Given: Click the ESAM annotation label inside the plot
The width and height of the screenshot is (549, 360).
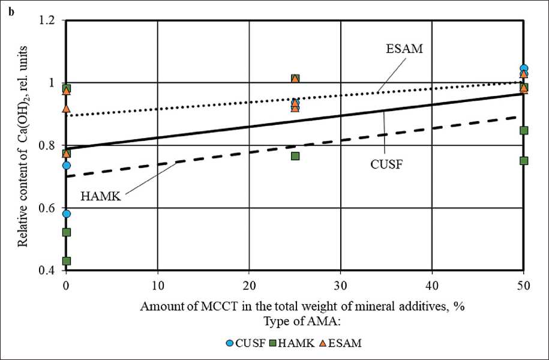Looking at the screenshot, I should (405, 49).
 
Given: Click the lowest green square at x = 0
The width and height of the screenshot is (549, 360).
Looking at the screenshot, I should (67, 261).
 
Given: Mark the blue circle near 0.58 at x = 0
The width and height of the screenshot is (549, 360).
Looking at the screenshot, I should (67, 214).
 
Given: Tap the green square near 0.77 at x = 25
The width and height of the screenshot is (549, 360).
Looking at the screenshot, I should (295, 156).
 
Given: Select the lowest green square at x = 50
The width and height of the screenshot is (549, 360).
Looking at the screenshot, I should (524, 160).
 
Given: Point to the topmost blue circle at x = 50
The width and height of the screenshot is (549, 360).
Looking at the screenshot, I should (524, 68).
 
